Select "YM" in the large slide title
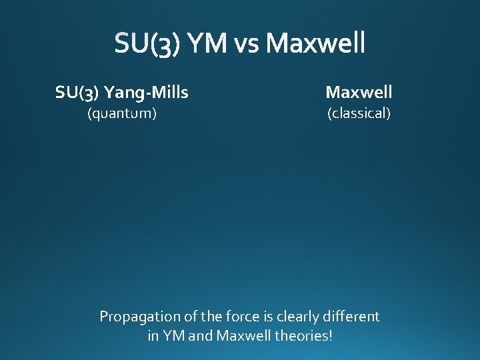pos(208,44)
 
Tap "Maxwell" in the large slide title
pos(315,44)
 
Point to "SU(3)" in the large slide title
pos(146,44)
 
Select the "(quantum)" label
pos(123,113)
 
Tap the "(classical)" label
pos(359,113)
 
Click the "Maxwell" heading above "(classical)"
pos(359,92)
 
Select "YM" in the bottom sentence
pos(175,336)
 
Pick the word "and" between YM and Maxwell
pos(201,336)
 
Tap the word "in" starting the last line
pos(153,336)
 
